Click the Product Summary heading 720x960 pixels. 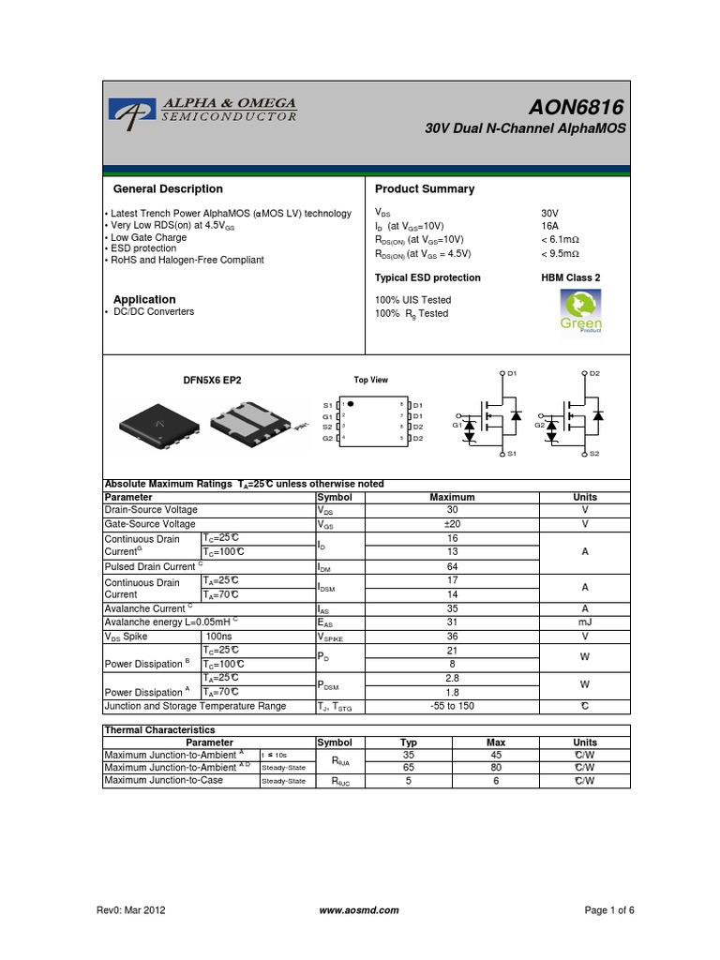pos(425,189)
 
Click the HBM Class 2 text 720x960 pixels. pos(570,277)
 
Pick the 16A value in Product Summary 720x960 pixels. pos(549,226)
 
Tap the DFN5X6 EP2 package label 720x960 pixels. pos(211,381)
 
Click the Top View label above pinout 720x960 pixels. pos(370,380)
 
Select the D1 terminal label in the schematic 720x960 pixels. pos(512,373)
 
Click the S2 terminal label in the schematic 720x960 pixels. pos(594,454)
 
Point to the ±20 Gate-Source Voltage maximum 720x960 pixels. pos(452,524)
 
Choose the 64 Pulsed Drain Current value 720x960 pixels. pos(452,567)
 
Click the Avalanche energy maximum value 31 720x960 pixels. pos(452,622)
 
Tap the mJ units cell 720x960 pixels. pos(584,622)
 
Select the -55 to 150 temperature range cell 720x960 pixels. pos(452,706)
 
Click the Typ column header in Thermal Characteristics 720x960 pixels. pos(408,742)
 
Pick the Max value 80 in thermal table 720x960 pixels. pos(496,767)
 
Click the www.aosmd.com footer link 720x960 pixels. pos(359,910)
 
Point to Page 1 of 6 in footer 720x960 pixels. pos(609,910)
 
